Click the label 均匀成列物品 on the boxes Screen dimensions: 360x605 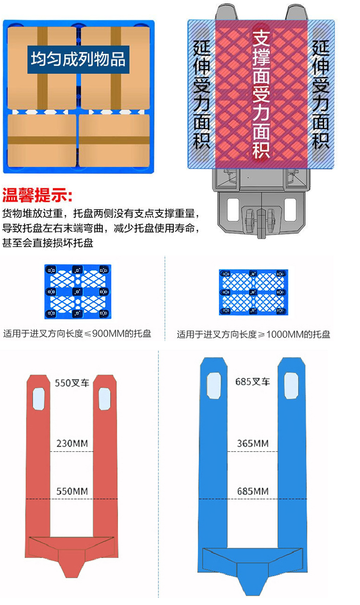[x=78, y=59]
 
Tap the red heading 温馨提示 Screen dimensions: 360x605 [x=37, y=195]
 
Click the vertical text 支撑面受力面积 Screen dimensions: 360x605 [x=261, y=94]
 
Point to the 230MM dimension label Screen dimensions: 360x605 [x=72, y=444]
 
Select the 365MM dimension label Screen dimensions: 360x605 [x=253, y=444]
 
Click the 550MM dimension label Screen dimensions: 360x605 [x=72, y=491]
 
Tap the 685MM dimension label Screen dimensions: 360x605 [x=253, y=491]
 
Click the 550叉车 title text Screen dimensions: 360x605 [x=72, y=383]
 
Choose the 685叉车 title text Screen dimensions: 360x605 [x=252, y=382]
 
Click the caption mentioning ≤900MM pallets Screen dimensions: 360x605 [x=77, y=334]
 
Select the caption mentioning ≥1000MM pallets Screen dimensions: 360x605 [x=253, y=334]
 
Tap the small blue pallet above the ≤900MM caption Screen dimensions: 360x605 [x=78, y=292]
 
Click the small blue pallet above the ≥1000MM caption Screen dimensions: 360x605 [x=253, y=292]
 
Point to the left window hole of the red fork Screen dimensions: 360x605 [x=38, y=399]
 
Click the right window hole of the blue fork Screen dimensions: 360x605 [x=291, y=386]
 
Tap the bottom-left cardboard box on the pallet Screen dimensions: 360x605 [x=42, y=141]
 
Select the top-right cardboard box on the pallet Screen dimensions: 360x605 [x=115, y=68]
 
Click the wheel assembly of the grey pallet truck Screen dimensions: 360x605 [x=260, y=220]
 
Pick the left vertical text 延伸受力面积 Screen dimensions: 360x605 [x=202, y=95]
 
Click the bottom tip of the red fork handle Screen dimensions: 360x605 [x=71, y=577]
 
